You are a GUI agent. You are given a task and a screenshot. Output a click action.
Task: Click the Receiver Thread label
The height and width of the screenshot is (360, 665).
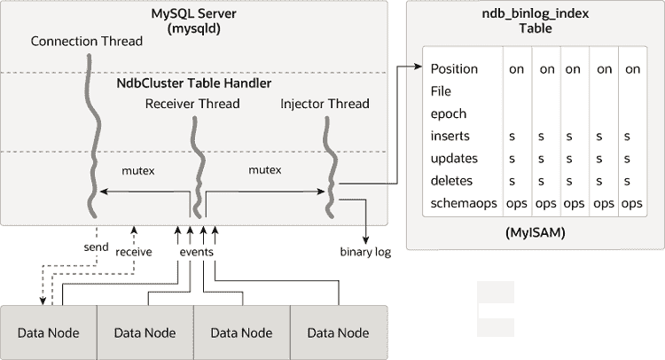coord(192,104)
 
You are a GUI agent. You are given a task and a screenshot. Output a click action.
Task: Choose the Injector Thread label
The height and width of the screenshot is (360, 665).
coord(325,104)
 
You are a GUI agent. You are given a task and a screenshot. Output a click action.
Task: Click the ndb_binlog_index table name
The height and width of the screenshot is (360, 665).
coord(535,14)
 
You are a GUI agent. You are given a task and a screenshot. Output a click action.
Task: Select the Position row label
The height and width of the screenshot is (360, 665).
coord(454,69)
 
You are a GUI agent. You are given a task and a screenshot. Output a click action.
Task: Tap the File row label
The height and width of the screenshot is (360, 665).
coord(441,91)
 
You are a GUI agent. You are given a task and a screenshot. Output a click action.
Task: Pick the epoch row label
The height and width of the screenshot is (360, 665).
coord(449,113)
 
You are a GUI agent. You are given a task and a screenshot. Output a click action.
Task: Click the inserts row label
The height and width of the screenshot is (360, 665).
coord(450,136)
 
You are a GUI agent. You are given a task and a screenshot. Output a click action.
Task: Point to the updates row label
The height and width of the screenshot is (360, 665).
coord(454,158)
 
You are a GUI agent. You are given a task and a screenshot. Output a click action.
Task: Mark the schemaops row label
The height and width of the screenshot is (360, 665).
coord(462,203)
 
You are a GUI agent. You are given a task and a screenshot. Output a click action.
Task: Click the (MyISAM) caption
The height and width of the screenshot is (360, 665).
coord(535,234)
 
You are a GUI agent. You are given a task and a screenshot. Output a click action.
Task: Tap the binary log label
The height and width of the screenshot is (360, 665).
coord(365,252)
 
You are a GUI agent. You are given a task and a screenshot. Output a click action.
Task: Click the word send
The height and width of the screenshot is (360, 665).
coord(97,247)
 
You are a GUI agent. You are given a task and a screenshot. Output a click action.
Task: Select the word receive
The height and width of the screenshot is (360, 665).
coord(134,252)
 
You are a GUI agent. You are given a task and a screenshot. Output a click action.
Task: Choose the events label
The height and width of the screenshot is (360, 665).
coord(196,252)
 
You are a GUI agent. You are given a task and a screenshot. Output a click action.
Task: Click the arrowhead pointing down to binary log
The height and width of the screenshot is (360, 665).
coord(365,237)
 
